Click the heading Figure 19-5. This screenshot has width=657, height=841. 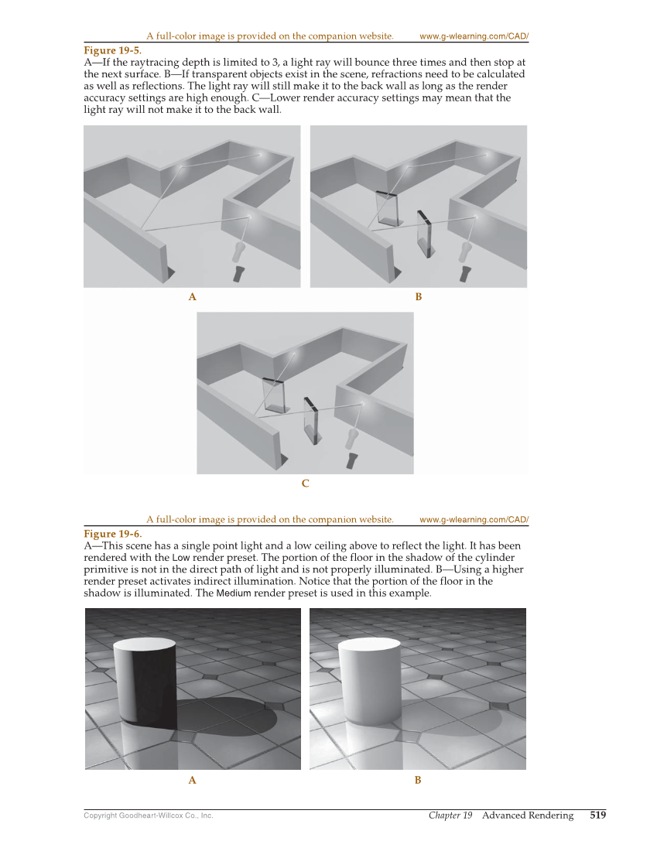pos(112,50)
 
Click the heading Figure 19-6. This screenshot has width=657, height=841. pos(112,534)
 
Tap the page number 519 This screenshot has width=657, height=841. pos(597,815)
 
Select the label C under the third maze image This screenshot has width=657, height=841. pos(305,484)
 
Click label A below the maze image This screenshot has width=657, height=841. pos(192,297)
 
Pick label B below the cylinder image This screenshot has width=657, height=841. pos(418,781)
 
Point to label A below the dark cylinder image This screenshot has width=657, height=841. pos(192,781)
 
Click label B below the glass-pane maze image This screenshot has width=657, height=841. pos(418,297)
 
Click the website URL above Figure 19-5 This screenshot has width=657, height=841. pos(474,36)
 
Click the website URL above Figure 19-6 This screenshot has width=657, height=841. pos(474,520)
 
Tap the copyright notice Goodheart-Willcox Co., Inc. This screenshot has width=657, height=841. pos(148,815)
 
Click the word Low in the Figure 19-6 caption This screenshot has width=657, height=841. pos(180,558)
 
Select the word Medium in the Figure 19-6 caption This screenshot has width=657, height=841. pos(233,593)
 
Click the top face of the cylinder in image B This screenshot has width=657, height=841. pos(369,645)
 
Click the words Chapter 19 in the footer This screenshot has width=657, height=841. pos(450,815)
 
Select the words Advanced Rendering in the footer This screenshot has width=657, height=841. pos(528,815)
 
